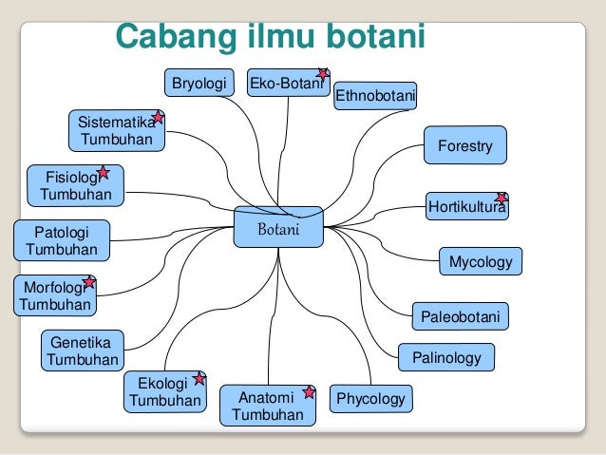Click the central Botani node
279,228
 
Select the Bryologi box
199,84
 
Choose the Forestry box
464,145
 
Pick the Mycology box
480,261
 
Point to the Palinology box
446,358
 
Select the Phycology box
370,399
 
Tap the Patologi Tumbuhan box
61,240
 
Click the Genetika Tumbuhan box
83,351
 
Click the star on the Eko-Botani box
323,73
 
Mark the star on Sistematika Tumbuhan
158,118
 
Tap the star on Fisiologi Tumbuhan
103,173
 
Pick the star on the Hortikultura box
502,198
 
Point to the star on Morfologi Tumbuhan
89,282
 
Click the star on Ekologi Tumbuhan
199,378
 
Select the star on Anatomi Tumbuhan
309,391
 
